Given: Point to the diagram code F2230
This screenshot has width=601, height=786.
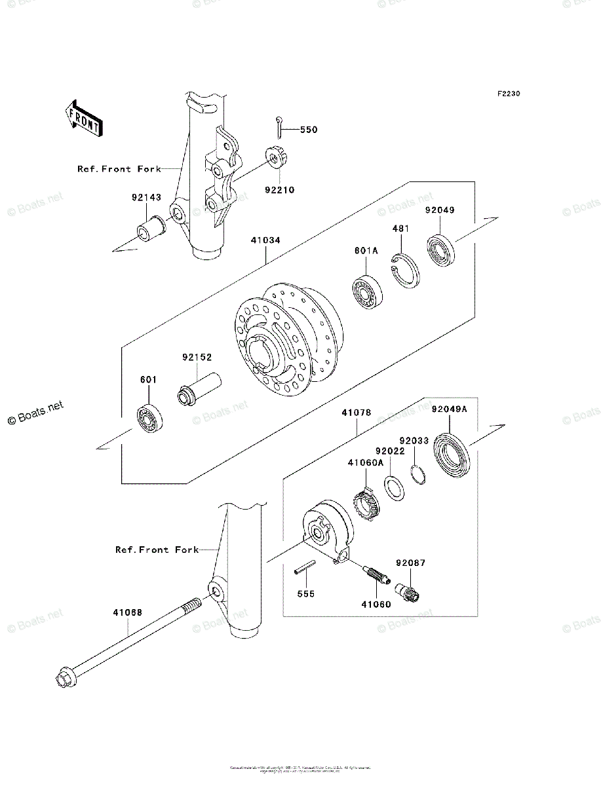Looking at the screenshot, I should coord(508,94).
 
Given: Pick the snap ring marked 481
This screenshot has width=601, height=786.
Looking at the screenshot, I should coord(405,269).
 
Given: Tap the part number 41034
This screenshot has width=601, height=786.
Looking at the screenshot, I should coord(265,240).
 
